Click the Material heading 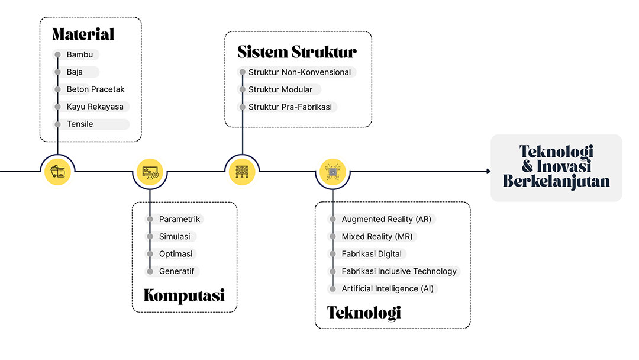(x=83, y=34)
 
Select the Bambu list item (x=79, y=54)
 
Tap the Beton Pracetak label (x=95, y=89)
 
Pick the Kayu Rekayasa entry (x=95, y=107)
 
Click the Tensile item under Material (x=80, y=124)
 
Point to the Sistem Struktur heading (x=297, y=52)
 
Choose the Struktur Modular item (x=280, y=90)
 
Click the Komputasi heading (x=184, y=295)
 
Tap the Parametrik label (x=179, y=219)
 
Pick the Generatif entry (x=177, y=271)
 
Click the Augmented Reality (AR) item (x=386, y=219)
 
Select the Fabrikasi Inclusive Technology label (x=399, y=271)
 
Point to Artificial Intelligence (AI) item (x=388, y=289)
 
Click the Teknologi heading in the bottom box (x=364, y=312)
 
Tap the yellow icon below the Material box (x=57, y=172)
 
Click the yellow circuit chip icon (x=333, y=172)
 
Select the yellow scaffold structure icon (x=242, y=172)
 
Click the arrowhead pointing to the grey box (x=488, y=172)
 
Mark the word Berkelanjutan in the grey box (x=556, y=181)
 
